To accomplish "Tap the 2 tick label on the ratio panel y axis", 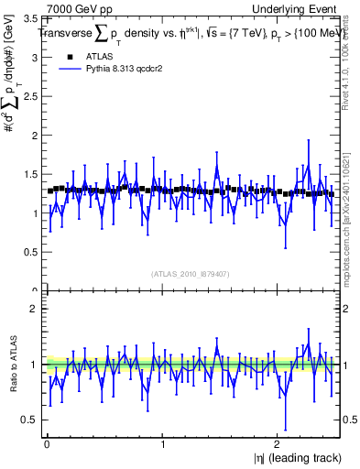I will (x=36, y=309).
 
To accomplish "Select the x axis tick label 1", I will (x=163, y=444).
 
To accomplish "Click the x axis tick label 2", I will (x=279, y=444).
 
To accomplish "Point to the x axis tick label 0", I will (x=47, y=444).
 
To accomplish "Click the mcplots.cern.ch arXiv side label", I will (x=346, y=206).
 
